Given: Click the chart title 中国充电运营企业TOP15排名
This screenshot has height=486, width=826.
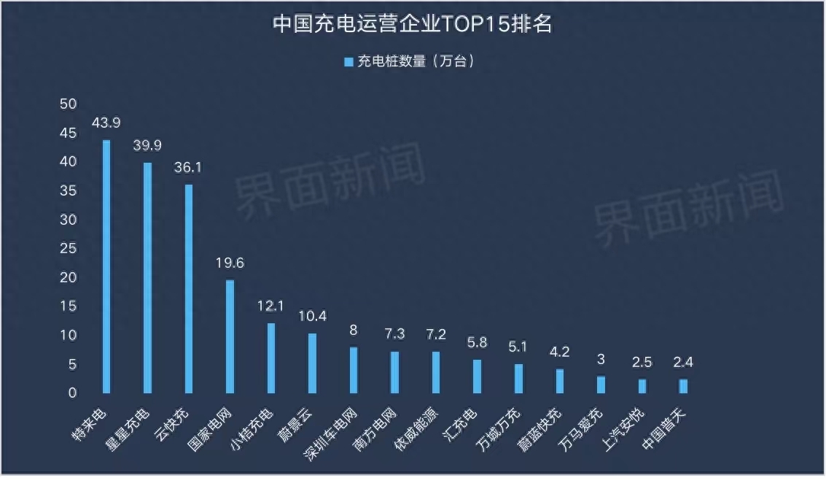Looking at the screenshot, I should point(413,24).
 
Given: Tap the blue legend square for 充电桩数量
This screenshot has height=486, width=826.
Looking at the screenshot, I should point(348,62).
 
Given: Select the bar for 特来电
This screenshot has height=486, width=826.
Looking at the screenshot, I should point(106,266).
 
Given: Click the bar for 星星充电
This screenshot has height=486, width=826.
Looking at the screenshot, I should point(147,277).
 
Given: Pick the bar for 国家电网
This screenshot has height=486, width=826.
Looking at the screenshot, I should point(230,336).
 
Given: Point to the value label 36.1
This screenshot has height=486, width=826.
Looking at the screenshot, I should point(188,168).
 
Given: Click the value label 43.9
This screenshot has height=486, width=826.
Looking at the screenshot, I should point(106,123).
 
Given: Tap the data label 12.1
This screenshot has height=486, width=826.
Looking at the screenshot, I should point(270,306).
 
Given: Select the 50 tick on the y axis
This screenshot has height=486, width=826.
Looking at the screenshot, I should point(68,104).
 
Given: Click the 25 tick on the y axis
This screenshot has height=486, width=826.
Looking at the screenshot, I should point(68,249).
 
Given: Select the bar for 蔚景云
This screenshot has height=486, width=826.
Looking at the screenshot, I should point(312,363).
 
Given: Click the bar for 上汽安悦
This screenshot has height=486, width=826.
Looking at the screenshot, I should point(642,385).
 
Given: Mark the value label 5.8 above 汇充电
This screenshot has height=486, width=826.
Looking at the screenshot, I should point(477,343).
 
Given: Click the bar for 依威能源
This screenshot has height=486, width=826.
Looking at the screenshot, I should point(436,372).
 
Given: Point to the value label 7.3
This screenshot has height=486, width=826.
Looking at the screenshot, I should point(394,334).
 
